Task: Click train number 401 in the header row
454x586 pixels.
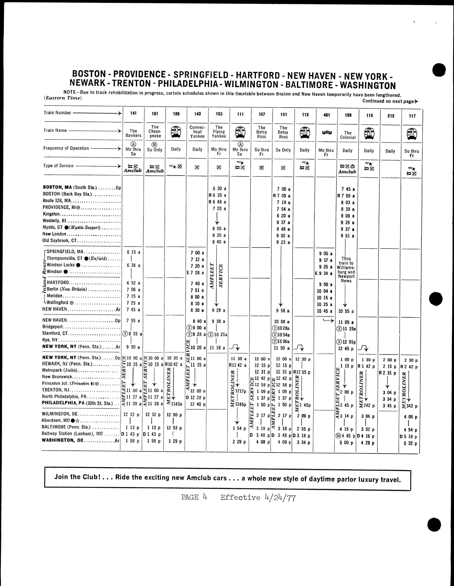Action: click(x=326, y=115)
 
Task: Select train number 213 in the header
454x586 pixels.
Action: click(x=391, y=116)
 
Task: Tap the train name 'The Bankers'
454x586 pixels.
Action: click(x=133, y=133)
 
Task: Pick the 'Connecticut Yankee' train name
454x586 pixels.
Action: click(x=198, y=132)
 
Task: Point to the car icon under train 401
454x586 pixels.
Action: click(x=326, y=132)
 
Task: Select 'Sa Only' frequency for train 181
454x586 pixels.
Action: click(x=283, y=150)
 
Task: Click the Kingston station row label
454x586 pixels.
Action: click(x=51, y=214)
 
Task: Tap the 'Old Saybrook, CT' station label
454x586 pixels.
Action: click(x=60, y=240)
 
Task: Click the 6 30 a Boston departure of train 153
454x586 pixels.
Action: click(x=219, y=189)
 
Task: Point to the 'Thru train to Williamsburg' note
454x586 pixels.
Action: click(x=346, y=270)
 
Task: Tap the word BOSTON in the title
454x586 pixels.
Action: click(x=89, y=74)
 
